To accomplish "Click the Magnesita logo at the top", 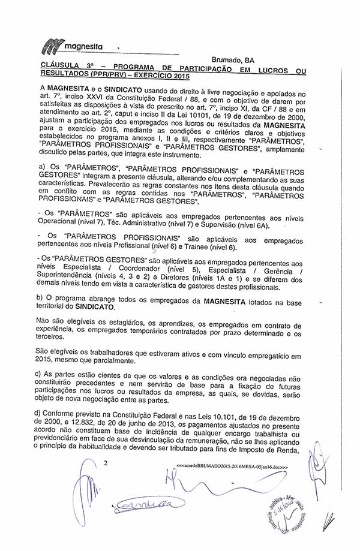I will pyautogui.click(x=73, y=45).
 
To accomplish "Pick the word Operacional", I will pyautogui.click(x=59, y=225).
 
